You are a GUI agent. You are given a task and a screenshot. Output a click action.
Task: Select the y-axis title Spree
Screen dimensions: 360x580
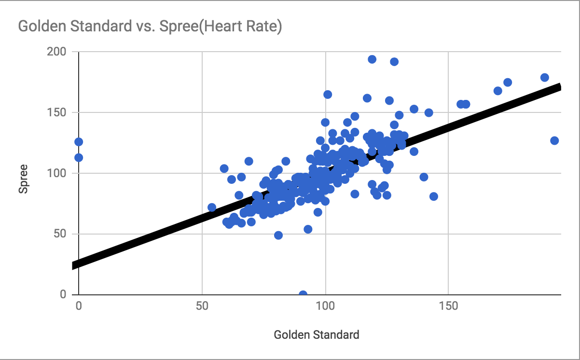coord(23,179)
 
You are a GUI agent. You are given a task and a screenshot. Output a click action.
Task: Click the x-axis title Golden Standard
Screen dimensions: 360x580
coord(316,334)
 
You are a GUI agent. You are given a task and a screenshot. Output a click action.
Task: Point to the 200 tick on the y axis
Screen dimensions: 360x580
coord(57,52)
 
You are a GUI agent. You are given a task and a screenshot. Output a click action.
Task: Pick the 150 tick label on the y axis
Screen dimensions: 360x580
coord(57,112)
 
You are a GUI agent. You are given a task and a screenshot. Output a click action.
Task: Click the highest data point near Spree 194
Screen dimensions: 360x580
coord(372,59)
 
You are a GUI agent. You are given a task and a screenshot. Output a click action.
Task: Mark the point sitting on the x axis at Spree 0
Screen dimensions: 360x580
coord(303,294)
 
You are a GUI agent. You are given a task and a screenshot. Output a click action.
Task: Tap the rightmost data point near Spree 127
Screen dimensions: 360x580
coord(554,140)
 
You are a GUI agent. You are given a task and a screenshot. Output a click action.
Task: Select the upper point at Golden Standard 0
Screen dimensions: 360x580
coord(79,142)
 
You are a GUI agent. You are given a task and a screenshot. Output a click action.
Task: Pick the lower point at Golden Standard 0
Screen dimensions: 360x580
coord(79,157)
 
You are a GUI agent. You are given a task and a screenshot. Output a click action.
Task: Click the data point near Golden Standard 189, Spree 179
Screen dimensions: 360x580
coord(545,78)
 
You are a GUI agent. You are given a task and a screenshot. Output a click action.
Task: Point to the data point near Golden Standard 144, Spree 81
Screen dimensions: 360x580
coord(434,196)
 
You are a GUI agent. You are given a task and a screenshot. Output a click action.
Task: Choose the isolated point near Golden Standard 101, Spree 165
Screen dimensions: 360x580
coord(328,95)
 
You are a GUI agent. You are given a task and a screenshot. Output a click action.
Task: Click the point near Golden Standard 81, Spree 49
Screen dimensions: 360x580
coord(278,235)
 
